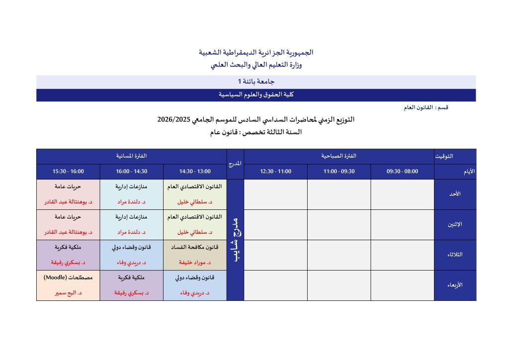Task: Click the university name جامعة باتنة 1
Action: coord(256,82)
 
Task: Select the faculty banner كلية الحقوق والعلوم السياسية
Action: coord(256,94)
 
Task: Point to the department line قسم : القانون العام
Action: coord(426,107)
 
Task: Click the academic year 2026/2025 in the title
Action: coord(174,120)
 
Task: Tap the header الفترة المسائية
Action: coord(131,156)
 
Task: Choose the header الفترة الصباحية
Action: coord(339,156)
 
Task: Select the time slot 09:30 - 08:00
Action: coord(402,172)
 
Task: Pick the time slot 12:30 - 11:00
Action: coord(275,172)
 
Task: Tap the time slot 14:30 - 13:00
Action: coord(195,172)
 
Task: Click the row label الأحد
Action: coord(455,194)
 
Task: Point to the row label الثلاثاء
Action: coord(455,255)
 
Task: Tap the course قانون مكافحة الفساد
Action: coord(195,247)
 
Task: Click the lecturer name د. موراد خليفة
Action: coord(195,263)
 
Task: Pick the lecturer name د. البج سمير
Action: coord(68,293)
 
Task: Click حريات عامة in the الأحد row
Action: coord(68,186)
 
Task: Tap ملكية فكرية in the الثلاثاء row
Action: coord(68,247)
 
